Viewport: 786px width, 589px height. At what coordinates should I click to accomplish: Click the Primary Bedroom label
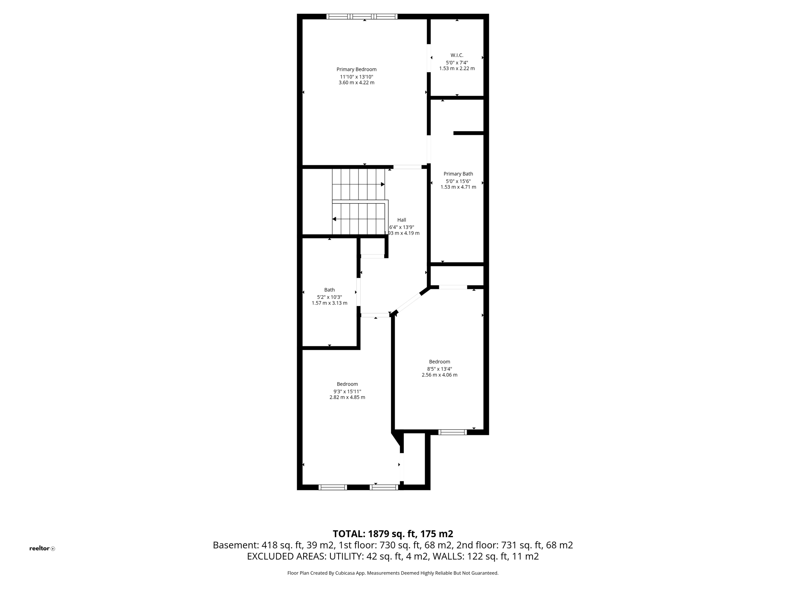[356, 69]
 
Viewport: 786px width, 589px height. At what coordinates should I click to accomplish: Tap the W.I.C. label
[457, 55]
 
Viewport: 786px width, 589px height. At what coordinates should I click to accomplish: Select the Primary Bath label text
[458, 174]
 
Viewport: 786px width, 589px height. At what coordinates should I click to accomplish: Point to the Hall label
[401, 220]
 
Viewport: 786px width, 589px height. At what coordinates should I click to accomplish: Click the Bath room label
[329, 290]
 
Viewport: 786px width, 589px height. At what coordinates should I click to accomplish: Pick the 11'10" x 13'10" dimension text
[356, 77]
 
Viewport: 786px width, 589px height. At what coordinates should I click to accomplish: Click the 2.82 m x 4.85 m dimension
[347, 397]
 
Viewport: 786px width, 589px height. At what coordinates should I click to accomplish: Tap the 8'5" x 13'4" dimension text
[439, 369]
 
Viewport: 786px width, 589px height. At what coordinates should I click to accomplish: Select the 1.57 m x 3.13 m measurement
[329, 303]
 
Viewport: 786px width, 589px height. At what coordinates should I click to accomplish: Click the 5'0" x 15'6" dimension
[458, 181]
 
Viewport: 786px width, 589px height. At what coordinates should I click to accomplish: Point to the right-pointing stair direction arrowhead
[383, 184]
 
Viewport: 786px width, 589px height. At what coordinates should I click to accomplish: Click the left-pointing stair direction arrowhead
[334, 219]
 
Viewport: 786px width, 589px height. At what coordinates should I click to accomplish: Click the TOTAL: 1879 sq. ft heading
[393, 534]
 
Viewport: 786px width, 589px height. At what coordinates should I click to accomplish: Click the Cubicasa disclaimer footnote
[393, 573]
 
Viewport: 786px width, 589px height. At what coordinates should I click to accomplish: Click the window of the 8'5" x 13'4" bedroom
[452, 432]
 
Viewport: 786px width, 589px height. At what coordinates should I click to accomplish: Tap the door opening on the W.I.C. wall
[429, 58]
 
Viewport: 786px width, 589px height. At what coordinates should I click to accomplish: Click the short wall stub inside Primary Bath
[468, 133]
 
